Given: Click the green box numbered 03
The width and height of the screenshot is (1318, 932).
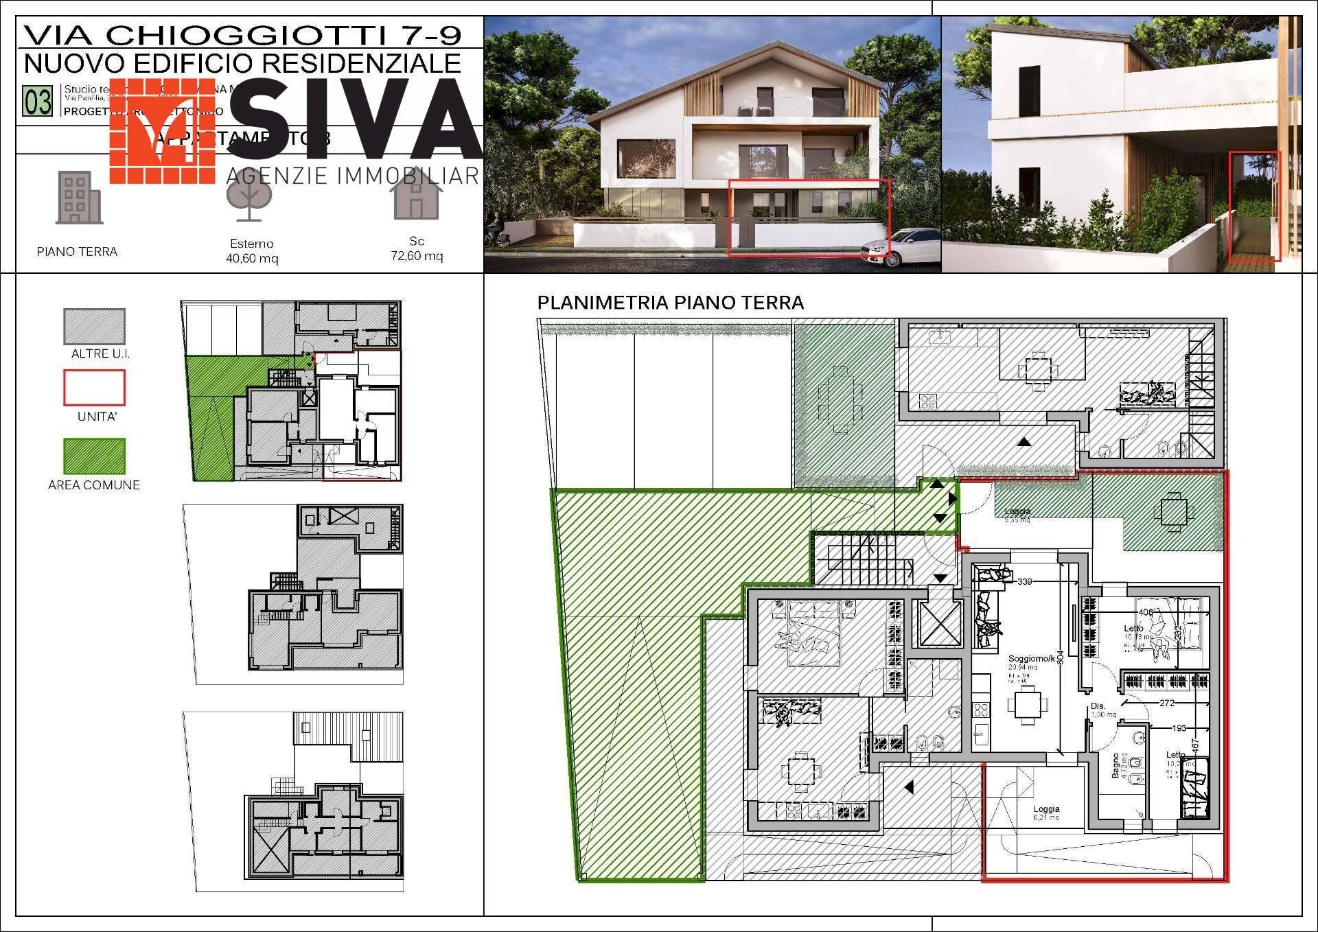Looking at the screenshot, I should click(x=38, y=102).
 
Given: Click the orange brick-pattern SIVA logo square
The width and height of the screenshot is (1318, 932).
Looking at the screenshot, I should click(x=163, y=130).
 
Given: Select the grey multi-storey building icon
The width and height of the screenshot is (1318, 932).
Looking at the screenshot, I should click(x=78, y=198).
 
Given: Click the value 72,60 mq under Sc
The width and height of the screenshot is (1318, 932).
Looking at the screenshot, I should click(x=417, y=256).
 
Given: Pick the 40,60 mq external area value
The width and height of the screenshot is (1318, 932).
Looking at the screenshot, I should click(x=252, y=259).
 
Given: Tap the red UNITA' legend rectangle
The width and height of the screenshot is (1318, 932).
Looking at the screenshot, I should click(x=94, y=388).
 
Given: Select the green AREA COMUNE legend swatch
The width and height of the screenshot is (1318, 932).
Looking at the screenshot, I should click(x=94, y=456).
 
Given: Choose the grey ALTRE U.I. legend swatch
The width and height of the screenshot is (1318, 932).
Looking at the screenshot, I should click(x=94, y=326).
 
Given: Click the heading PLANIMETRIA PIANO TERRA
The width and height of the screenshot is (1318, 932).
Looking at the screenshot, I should click(x=670, y=303).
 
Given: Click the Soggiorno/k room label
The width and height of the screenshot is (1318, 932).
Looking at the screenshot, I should click(x=1031, y=659).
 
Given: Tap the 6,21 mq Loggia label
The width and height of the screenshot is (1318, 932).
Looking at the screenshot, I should click(x=1046, y=813).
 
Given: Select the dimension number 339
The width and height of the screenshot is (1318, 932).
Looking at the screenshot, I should click(x=1024, y=581).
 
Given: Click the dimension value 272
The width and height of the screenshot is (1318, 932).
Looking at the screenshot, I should click(x=1167, y=703).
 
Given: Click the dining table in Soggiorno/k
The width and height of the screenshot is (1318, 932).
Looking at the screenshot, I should click(x=1028, y=705).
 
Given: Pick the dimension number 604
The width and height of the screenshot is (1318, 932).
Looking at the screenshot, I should click(x=1060, y=657).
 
